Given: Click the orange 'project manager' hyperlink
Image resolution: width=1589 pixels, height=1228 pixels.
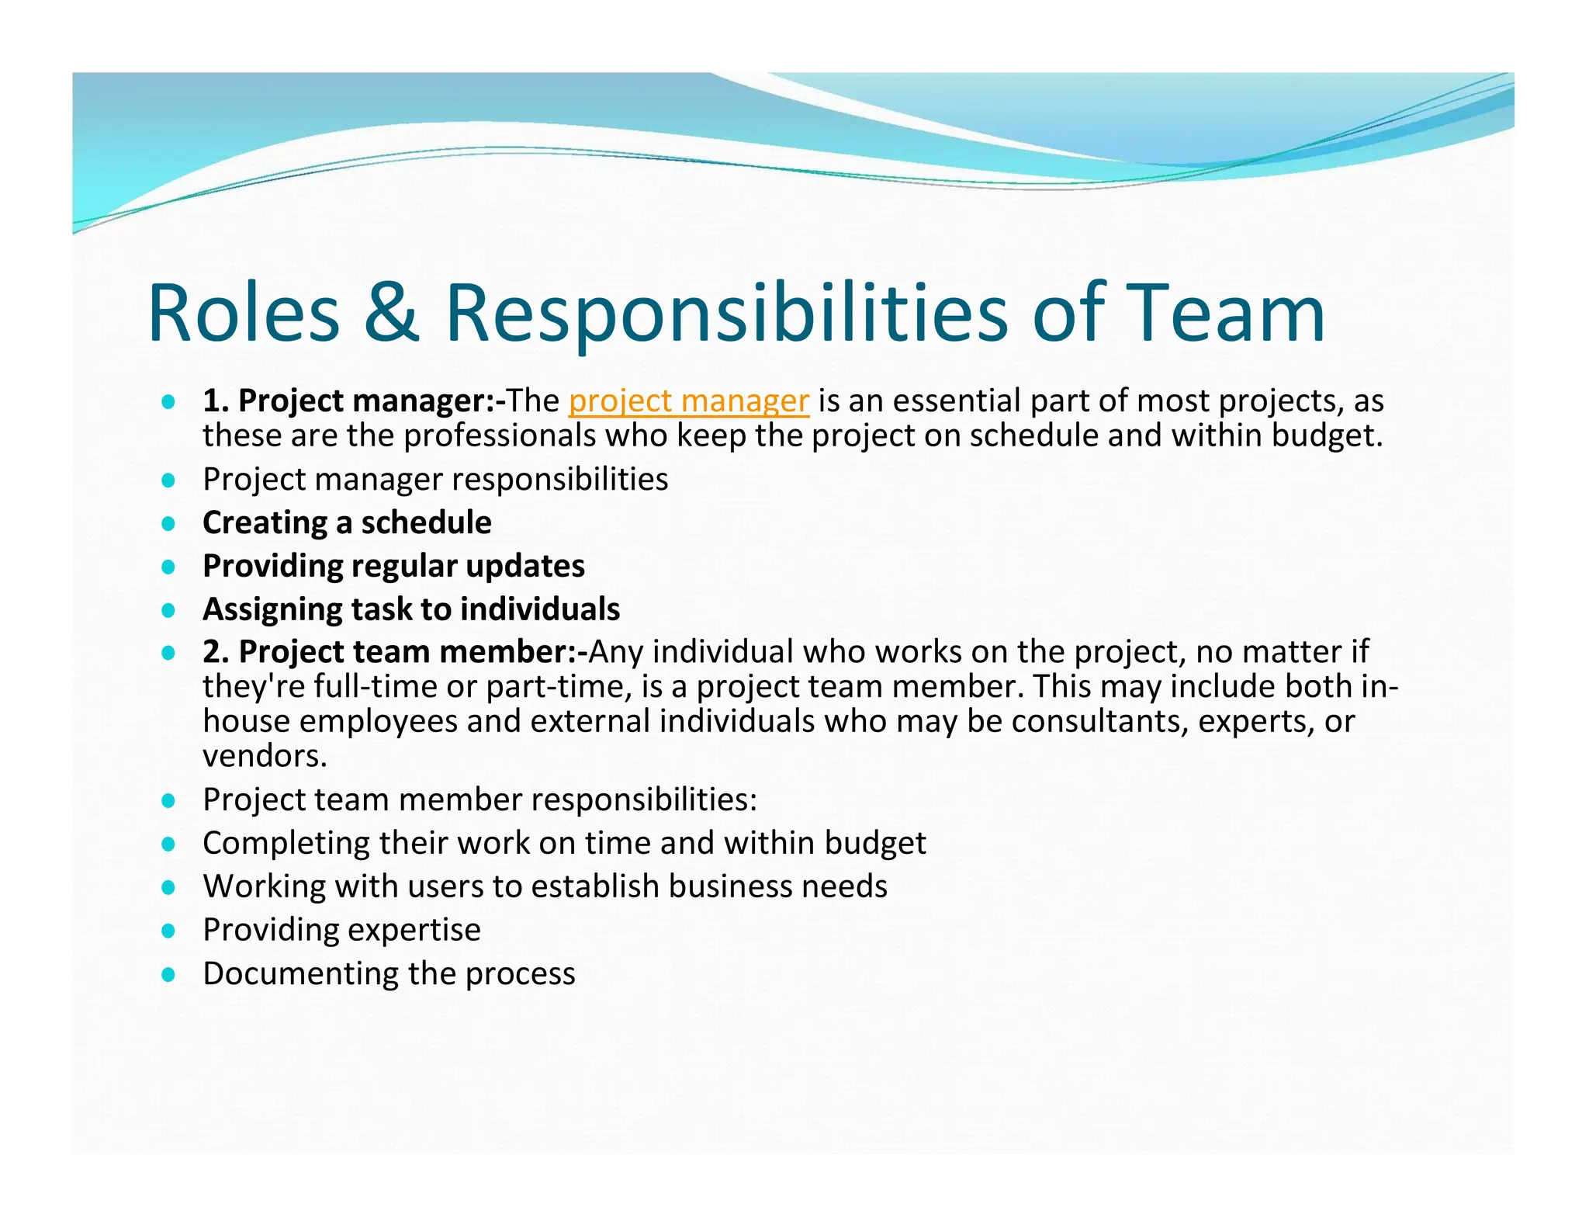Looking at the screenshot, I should click(688, 401).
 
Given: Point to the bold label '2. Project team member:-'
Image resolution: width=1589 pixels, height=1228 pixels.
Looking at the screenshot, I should click(395, 651).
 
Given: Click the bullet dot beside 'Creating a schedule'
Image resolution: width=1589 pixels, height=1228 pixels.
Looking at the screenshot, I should click(168, 523).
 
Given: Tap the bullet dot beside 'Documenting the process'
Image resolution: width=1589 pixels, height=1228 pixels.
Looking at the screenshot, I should click(168, 974).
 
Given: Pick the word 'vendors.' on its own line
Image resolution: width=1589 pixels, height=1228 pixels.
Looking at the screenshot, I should click(265, 755).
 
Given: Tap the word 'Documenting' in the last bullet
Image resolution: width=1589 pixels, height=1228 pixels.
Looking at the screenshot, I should click(300, 974).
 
